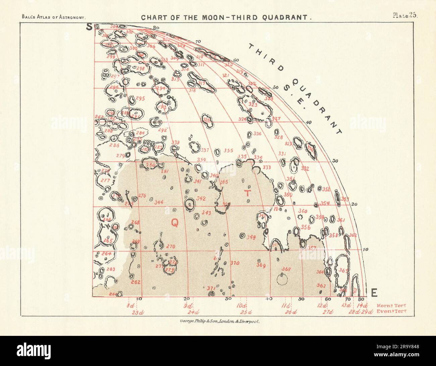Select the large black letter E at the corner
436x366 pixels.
[374, 293]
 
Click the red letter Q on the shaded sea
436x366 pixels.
[174, 222]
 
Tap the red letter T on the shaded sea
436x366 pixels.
[247, 193]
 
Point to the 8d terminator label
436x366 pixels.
[130, 306]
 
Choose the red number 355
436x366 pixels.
[228, 151]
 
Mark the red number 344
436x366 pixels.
[159, 202]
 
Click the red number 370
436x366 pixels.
[235, 263]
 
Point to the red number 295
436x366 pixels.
[140, 99]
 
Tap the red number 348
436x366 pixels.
[251, 237]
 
